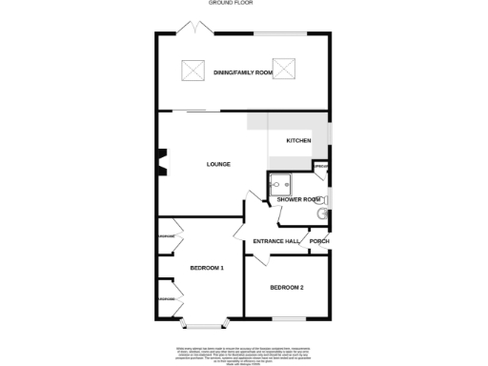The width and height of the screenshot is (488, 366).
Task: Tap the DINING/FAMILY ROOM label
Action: point(237,72)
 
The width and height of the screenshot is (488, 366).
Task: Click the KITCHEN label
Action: point(299,141)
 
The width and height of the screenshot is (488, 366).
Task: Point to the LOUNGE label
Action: point(218,164)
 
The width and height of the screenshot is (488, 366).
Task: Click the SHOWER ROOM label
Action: point(297,199)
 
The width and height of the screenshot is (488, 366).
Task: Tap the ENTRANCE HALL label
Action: point(275,241)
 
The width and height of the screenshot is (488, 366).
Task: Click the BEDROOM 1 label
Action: point(206,268)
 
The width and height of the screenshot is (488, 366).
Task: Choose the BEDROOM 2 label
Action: point(286,287)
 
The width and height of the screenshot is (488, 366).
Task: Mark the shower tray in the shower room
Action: point(281,184)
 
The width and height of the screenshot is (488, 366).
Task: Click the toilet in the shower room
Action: point(322,214)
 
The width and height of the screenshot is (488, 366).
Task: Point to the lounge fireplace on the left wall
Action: point(160,163)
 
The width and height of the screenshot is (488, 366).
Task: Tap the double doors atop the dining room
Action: point(197,30)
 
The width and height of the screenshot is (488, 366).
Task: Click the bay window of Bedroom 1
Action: point(203,321)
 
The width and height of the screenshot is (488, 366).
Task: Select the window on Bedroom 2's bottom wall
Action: point(288,317)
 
